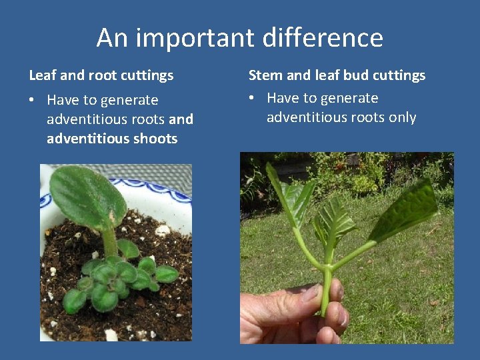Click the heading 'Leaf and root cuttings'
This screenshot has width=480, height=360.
[101, 75]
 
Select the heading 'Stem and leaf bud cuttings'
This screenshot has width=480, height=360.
[337, 75]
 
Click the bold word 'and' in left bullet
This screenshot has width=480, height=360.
[181, 119]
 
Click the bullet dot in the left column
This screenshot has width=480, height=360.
[32, 101]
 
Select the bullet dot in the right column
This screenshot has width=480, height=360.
[252, 99]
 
